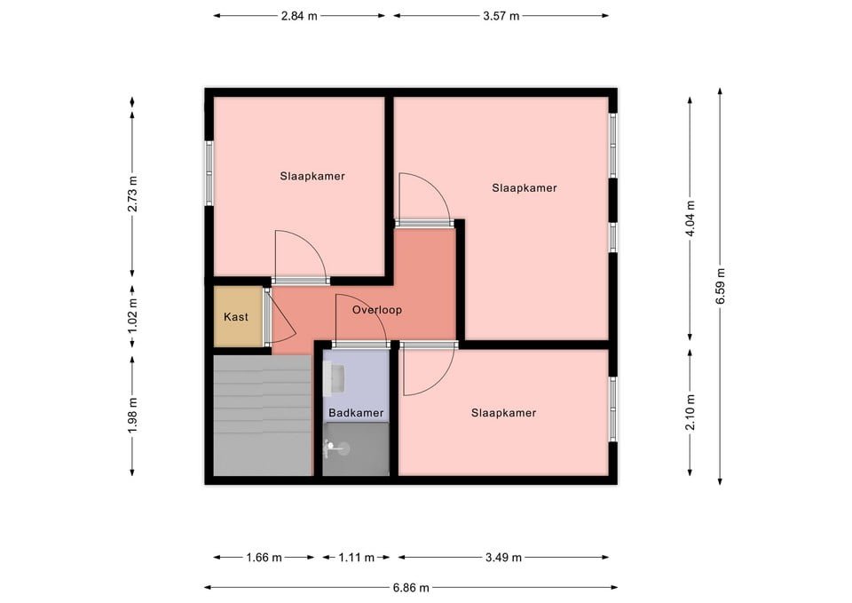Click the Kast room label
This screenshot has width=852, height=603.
236,316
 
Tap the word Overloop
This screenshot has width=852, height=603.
377,310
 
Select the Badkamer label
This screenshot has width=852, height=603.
356,413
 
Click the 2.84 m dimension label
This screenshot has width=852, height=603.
299,16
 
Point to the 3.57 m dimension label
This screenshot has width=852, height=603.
501,16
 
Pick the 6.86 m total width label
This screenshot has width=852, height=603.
411,587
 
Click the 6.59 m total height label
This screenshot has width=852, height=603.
721,287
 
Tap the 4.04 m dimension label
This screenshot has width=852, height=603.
690,218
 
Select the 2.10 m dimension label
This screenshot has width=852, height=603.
690,411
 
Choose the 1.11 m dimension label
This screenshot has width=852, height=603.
356,558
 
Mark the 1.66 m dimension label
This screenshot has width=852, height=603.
264,558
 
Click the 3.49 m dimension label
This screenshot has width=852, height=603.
503,558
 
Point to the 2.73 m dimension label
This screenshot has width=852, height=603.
132,194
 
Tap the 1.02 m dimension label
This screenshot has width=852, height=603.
132,316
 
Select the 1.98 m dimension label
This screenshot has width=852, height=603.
132,416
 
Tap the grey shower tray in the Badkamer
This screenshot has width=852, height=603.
356,449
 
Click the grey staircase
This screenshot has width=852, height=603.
263,416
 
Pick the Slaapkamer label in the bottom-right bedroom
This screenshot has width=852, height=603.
504,413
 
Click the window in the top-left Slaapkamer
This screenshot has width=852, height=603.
209,173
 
